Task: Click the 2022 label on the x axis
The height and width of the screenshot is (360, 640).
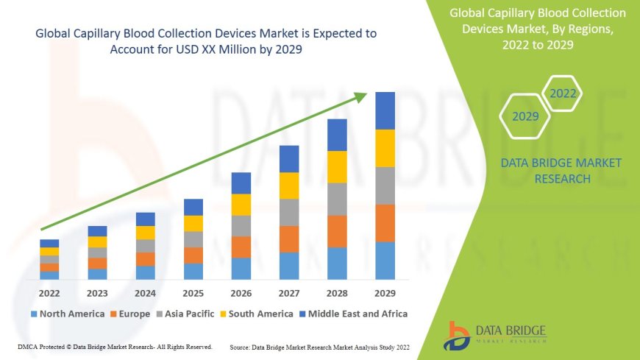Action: tap(49, 293)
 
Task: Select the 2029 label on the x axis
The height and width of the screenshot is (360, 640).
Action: tap(385, 293)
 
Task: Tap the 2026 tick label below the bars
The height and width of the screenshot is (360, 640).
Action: tap(241, 293)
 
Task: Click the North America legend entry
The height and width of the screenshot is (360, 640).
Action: tap(67, 314)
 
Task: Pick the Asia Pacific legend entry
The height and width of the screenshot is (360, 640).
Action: tap(191, 314)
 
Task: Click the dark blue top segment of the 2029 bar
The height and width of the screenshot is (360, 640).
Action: tap(385, 110)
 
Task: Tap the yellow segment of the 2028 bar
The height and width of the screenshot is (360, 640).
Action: tap(337, 166)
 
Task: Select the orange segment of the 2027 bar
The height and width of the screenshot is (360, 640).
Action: tap(289, 239)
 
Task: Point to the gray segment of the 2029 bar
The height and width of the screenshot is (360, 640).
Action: tap(385, 186)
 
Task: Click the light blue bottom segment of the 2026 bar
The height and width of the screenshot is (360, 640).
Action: tap(241, 268)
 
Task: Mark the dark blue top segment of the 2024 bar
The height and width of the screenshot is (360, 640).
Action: tap(146, 219)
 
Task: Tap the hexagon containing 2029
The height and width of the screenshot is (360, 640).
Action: tap(525, 116)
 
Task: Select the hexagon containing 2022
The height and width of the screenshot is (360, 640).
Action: tap(563, 93)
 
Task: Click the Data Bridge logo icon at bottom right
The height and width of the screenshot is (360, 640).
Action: tap(458, 334)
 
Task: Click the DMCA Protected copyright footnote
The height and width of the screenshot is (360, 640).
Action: tap(115, 346)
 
